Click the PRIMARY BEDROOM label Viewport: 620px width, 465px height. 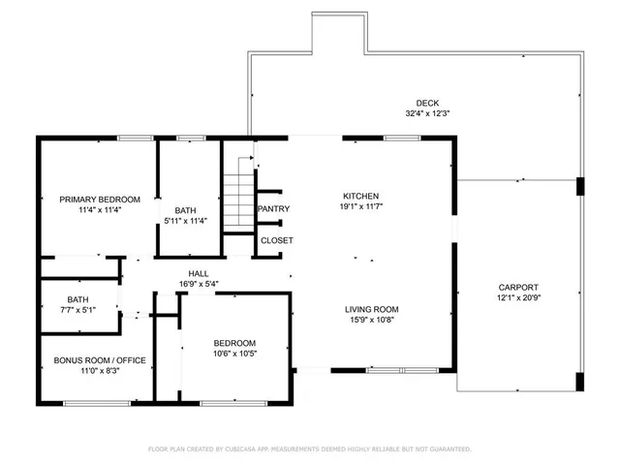click(x=93, y=200)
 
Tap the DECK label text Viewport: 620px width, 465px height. click(x=426, y=103)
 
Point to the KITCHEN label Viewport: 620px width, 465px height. click(x=359, y=195)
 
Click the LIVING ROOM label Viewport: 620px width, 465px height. click(x=372, y=310)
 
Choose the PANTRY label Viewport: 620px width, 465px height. click(x=273, y=209)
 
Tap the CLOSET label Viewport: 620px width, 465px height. click(x=276, y=240)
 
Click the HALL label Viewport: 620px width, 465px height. click(x=199, y=274)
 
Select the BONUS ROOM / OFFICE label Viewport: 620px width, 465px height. click(x=100, y=360)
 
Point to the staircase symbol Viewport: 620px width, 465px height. click(x=238, y=199)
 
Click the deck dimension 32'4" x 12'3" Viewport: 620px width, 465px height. click(x=427, y=113)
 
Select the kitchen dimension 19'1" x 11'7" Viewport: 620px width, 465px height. click(x=359, y=205)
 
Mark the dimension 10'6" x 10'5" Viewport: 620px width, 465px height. click(x=234, y=354)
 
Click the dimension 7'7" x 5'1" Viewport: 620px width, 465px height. click(x=78, y=310)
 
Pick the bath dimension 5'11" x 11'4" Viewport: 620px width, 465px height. click(x=185, y=221)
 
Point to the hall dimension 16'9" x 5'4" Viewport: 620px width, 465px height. click(x=199, y=284)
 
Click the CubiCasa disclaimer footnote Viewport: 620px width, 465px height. click(x=309, y=449)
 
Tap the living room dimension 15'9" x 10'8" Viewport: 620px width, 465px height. click(x=372, y=321)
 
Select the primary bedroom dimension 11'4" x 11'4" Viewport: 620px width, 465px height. click(x=93, y=210)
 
